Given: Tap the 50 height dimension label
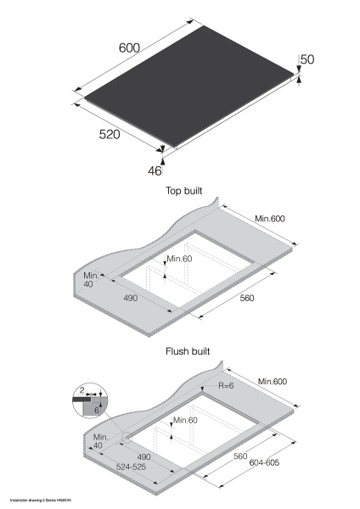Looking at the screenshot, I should point(307,59).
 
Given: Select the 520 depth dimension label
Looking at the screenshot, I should point(108,135).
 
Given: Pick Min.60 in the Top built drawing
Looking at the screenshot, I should point(181,258).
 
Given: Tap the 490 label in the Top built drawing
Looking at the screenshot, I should point(130,299).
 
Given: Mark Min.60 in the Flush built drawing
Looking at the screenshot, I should point(185,420).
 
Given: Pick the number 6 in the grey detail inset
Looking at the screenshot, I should point(97,409).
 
